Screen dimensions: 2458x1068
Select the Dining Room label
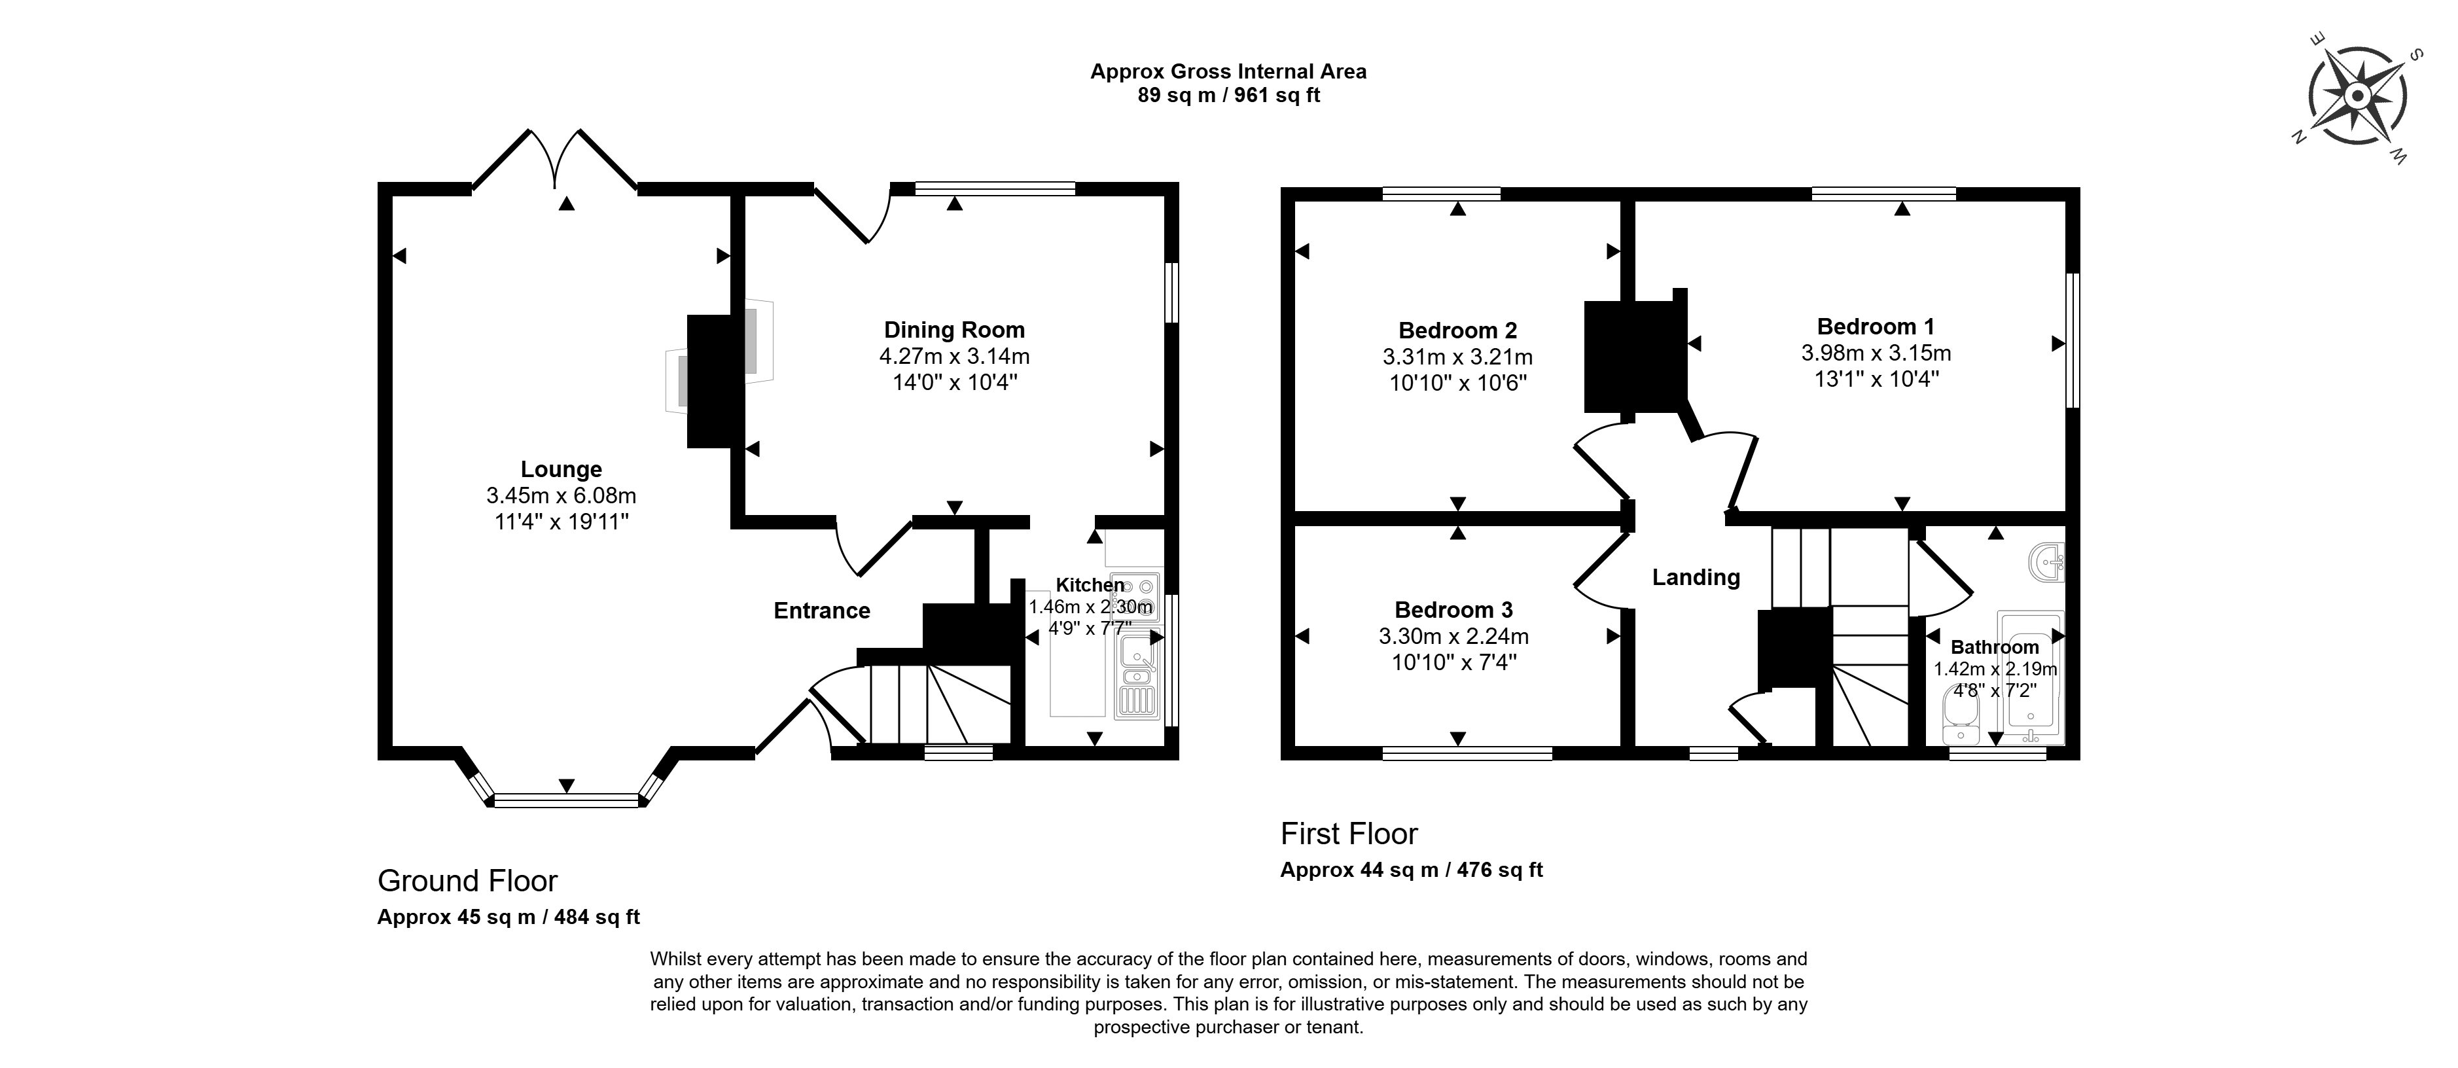[954, 330]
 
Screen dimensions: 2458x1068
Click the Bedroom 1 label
[1876, 327]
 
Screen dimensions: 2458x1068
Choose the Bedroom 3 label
[1454, 610]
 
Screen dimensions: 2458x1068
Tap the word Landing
[1696, 577]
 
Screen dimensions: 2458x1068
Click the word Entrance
[821, 611]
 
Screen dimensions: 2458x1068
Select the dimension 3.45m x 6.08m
[561, 496]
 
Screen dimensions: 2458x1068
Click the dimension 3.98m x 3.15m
[1876, 353]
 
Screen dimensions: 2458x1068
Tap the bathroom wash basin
[2046, 562]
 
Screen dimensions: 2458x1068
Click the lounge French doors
[556, 160]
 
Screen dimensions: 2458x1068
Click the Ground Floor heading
[467, 880]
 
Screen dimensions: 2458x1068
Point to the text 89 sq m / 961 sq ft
[1229, 96]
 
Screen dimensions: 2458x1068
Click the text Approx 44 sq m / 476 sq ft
[1411, 870]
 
